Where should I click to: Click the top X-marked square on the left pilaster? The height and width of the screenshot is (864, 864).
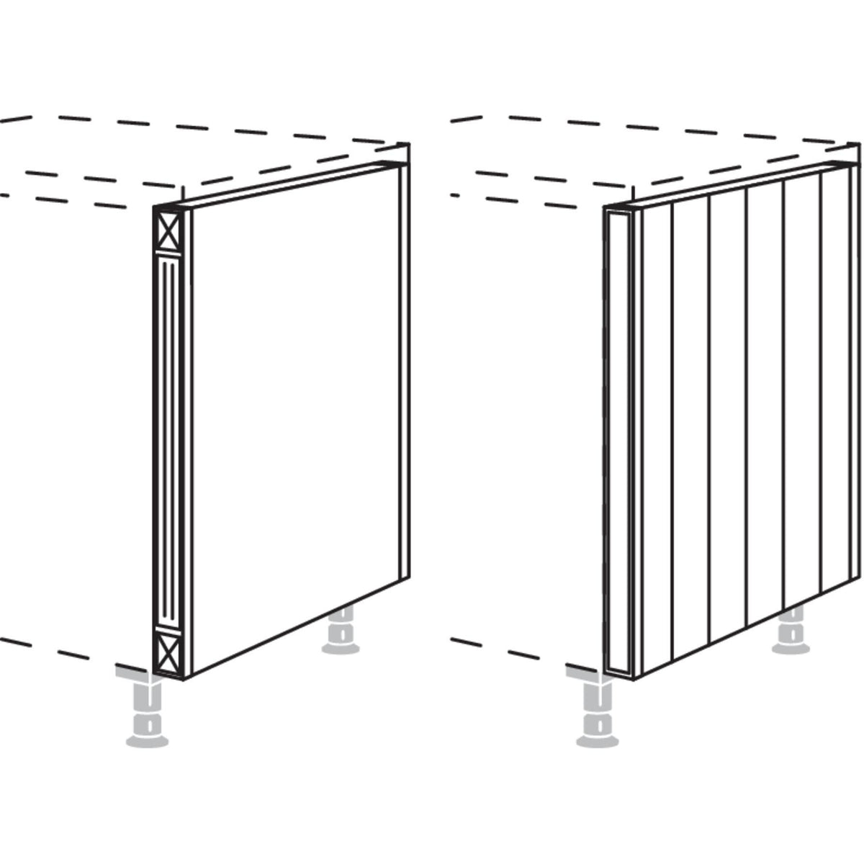168,231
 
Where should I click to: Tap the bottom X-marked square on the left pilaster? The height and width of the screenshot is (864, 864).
168,652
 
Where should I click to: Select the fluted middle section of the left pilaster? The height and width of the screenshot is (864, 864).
168,441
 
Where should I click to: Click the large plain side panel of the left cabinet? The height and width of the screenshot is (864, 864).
295,418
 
